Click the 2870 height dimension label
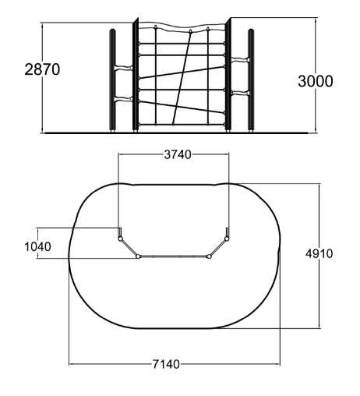click(x=42, y=69)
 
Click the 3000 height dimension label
click(x=315, y=81)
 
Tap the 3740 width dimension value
click(x=178, y=154)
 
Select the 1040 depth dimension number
click(x=37, y=246)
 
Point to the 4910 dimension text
click(x=319, y=253)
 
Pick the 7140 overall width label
click(x=166, y=364)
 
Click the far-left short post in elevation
click(x=113, y=80)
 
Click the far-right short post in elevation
click(x=251, y=80)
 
